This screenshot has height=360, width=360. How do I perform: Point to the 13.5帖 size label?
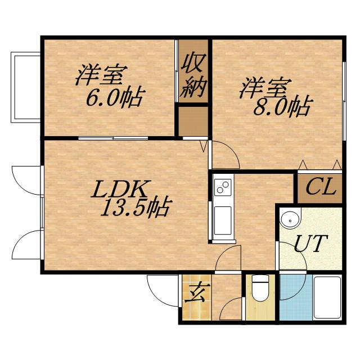point(135,209)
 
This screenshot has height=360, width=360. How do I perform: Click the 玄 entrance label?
point(194,292)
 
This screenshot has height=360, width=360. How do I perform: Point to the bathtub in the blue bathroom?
point(327,298)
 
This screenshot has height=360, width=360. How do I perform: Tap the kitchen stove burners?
point(222,186)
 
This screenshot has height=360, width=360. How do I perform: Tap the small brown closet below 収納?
point(193,120)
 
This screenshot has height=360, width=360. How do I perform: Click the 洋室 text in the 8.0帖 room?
point(265,88)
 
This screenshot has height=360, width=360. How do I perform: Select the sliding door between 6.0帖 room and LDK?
point(112,138)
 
